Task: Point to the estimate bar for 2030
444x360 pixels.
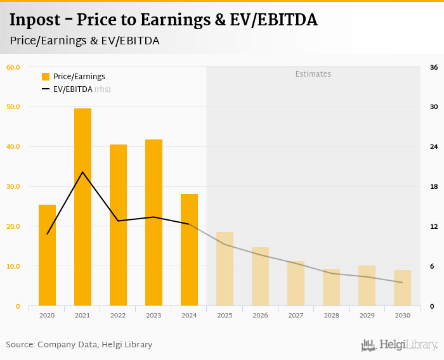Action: click(x=402, y=288)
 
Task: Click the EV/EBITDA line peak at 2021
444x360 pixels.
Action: click(x=82, y=172)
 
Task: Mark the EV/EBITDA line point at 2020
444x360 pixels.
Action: click(x=47, y=234)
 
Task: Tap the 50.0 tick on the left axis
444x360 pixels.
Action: click(x=13, y=106)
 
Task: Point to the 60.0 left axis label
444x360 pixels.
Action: click(x=13, y=67)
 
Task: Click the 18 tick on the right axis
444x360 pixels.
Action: click(x=434, y=186)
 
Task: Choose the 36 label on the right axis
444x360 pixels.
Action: click(x=434, y=67)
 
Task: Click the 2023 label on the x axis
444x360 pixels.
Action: click(x=153, y=315)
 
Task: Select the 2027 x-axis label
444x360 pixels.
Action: click(x=296, y=315)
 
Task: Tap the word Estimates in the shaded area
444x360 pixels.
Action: click(x=313, y=74)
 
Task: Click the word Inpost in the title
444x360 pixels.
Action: click(x=32, y=20)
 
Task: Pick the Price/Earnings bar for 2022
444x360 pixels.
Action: click(x=118, y=225)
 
